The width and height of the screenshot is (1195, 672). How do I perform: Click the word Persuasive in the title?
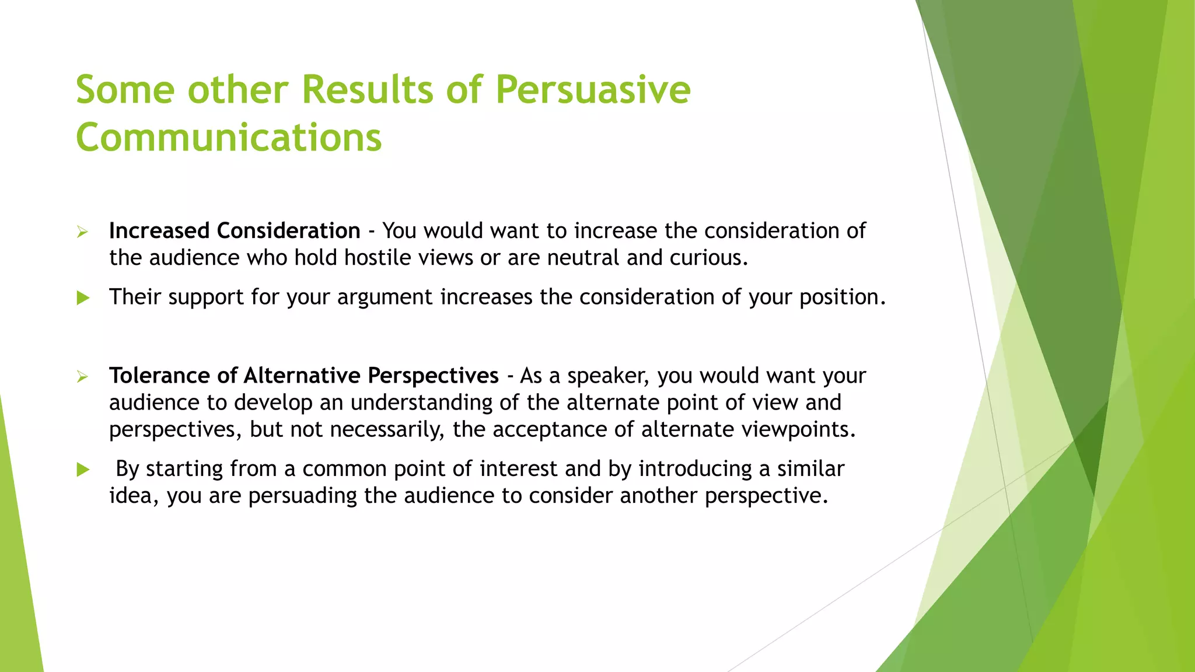point(592,90)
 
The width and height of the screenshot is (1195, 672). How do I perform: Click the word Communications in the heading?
point(229,138)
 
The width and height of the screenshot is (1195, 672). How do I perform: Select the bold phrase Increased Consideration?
point(235,231)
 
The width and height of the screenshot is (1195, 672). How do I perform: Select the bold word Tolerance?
point(159,376)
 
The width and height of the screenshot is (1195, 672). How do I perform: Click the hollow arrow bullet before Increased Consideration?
point(82,232)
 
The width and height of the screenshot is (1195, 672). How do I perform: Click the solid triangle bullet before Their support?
point(83,298)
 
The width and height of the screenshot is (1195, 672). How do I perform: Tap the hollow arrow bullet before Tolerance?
point(82,377)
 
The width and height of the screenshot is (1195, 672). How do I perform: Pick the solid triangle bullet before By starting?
point(83,470)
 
